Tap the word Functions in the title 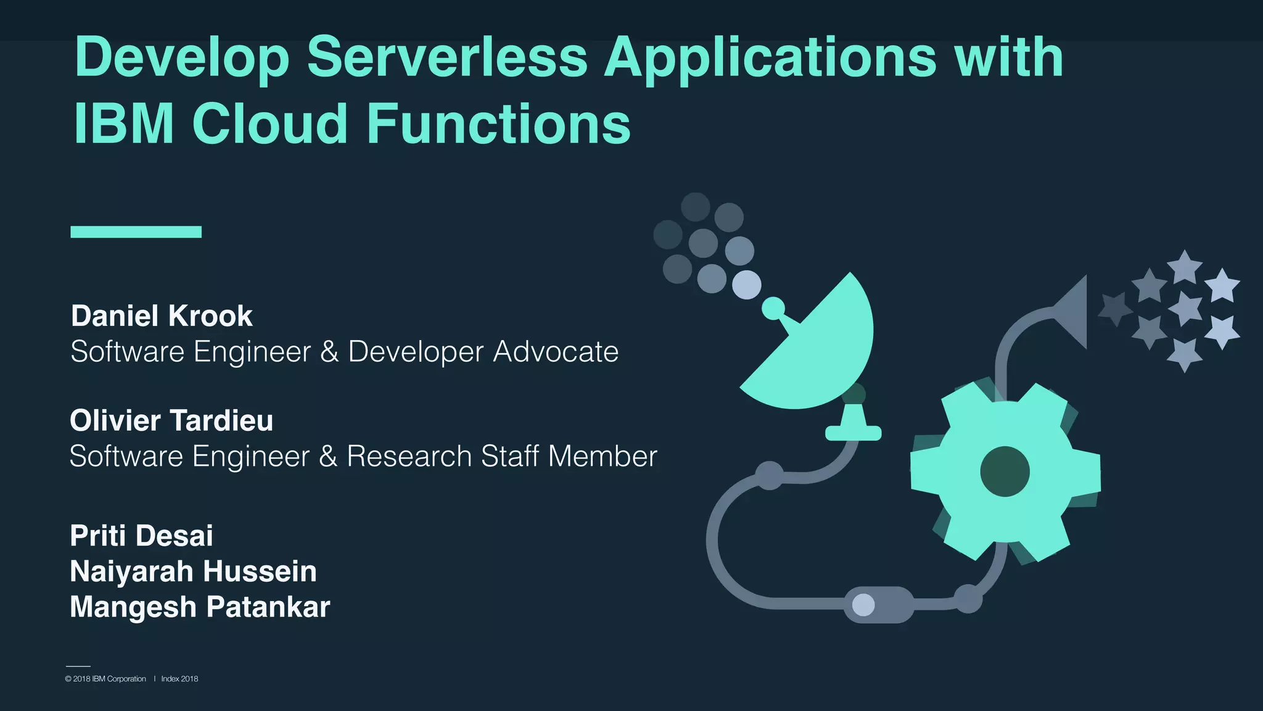pyautogui.click(x=498, y=124)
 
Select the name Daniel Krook pyautogui.click(x=162, y=316)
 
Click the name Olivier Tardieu pyautogui.click(x=171, y=421)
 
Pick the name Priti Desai pyautogui.click(x=141, y=536)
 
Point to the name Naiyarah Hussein pyautogui.click(x=193, y=572)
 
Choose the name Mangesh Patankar pyautogui.click(x=200, y=607)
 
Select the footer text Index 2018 pyautogui.click(x=179, y=679)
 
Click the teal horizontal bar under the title pyautogui.click(x=136, y=232)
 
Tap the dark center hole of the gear pyautogui.click(x=1005, y=472)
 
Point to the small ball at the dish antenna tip pyautogui.click(x=773, y=308)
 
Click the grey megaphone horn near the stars pyautogui.click(x=1073, y=312)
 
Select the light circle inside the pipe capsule pyautogui.click(x=863, y=605)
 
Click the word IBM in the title pyautogui.click(x=123, y=124)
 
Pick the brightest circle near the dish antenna pyautogui.click(x=746, y=285)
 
